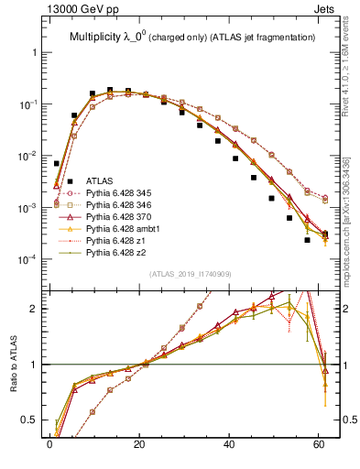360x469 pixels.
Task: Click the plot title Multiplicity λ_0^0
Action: coord(117,38)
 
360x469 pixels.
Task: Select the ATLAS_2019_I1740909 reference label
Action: coord(189,275)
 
